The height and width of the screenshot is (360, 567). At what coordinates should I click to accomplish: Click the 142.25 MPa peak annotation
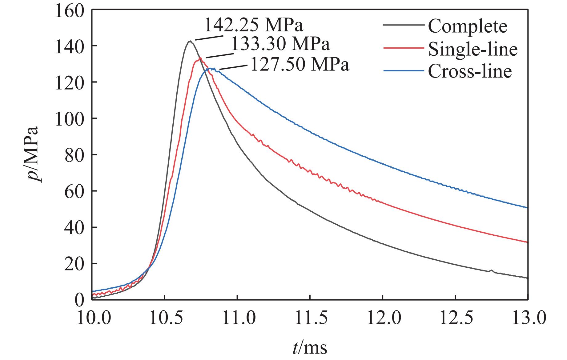coord(254,26)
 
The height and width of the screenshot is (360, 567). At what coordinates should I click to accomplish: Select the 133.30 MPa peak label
coord(280,44)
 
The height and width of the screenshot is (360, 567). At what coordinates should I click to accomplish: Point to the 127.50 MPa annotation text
coord(300,65)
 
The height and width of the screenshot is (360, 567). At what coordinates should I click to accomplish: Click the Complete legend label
coord(467,26)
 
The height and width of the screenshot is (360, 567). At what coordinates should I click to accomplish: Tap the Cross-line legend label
coord(470,71)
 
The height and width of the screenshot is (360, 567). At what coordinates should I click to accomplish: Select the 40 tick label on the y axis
coord(74,227)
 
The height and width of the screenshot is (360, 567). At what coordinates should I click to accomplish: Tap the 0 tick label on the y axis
coord(79,299)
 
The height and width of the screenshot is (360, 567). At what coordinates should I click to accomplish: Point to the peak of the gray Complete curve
coord(190,41)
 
